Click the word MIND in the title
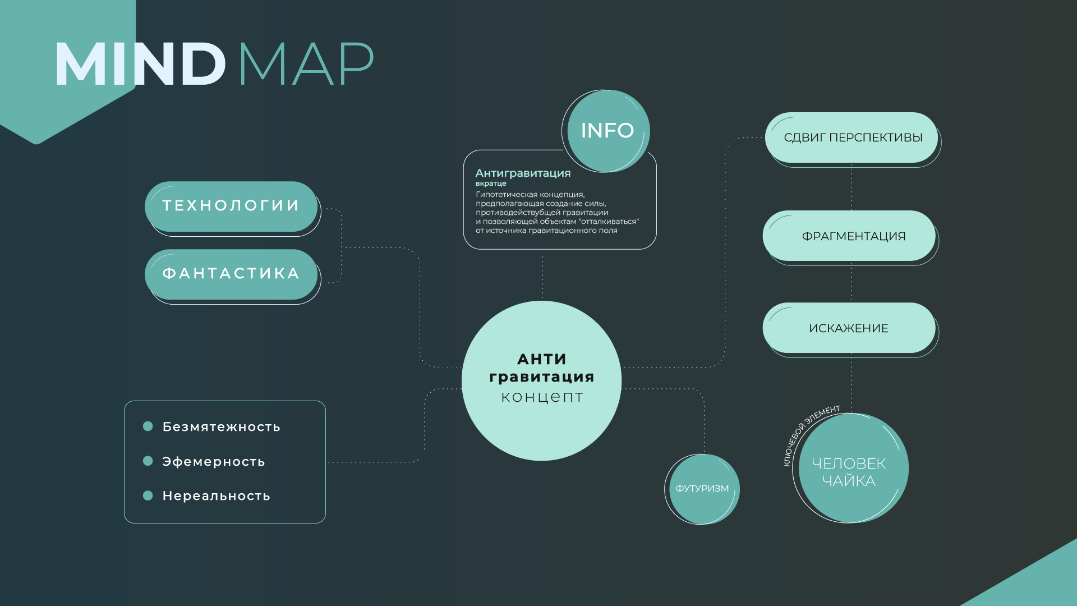(140, 64)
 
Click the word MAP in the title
(306, 64)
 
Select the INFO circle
(607, 131)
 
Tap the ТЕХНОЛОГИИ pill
(231, 206)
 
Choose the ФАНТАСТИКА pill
(231, 274)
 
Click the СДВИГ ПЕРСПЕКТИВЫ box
(852, 137)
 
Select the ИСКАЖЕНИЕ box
(849, 328)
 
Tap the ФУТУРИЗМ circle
(702, 489)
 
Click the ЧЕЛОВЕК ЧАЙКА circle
(849, 471)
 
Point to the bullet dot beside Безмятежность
(148, 426)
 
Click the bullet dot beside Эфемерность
(148, 461)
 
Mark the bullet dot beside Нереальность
(148, 495)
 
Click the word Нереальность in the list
(217, 496)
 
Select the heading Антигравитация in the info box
(523, 173)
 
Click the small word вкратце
(491, 183)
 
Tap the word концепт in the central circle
(542, 397)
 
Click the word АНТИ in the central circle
(542, 359)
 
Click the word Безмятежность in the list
(222, 427)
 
